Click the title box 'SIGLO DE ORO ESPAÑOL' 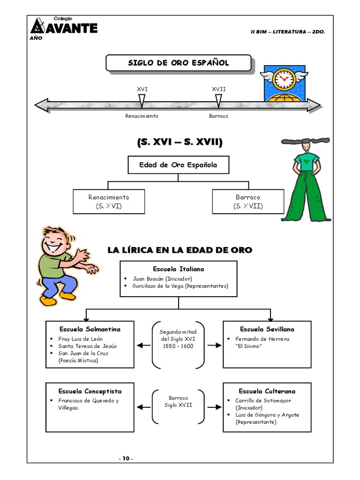pos(178,63)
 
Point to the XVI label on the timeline pos(142,89)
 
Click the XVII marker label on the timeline pos(218,89)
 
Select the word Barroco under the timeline pos(218,116)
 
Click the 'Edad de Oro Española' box pos(178,165)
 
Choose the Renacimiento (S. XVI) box pos(108,202)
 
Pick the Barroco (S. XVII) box pos(248,202)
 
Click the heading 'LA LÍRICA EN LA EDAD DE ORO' pos(180,250)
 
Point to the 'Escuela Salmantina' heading pos(90,329)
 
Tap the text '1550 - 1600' pos(178,346)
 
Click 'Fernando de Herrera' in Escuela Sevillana pos(262,338)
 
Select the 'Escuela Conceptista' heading pos(90,391)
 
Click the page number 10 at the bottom pos(126,458)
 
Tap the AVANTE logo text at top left pos(70,28)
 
